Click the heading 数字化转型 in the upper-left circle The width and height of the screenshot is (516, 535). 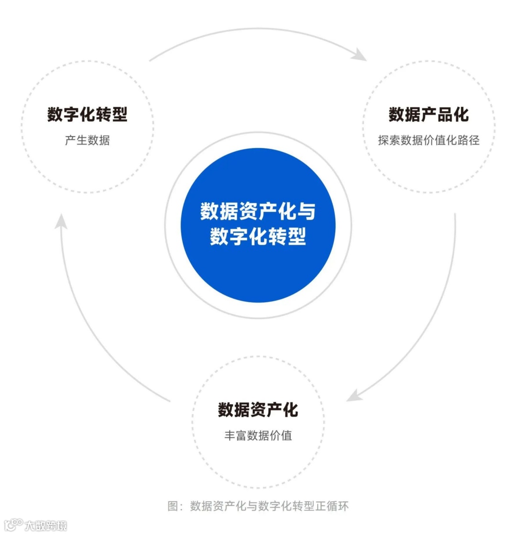coord(87,115)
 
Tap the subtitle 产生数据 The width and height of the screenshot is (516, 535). coord(87,140)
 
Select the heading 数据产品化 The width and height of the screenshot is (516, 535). coord(429,115)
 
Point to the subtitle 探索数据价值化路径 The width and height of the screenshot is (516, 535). coord(429,140)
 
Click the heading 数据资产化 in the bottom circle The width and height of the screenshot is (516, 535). coord(258,409)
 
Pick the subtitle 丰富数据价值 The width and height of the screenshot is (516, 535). coord(258,435)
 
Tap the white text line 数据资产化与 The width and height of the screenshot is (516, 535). coord(258,211)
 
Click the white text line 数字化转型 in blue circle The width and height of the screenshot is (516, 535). coord(258,236)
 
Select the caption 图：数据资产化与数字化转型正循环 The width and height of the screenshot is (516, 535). coord(258,506)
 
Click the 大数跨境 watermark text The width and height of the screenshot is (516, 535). coord(46,526)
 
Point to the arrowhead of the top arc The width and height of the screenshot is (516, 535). coord(359,54)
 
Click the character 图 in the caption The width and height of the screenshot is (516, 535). coord(173,506)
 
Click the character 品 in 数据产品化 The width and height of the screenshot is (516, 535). coord(444,115)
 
